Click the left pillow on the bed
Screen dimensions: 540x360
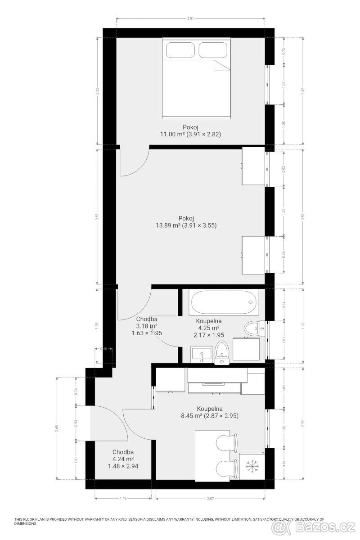click(x=180, y=49)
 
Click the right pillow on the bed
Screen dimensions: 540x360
click(x=212, y=49)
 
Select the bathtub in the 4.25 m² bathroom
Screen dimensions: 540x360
click(x=223, y=302)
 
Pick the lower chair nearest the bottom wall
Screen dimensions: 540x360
click(x=226, y=469)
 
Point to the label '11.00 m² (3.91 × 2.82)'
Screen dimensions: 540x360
click(x=191, y=134)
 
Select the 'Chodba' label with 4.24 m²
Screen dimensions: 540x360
click(x=123, y=452)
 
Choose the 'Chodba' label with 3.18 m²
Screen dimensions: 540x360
click(x=147, y=319)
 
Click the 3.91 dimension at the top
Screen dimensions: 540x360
click(x=190, y=18)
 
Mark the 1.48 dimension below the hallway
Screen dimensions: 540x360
click(x=123, y=498)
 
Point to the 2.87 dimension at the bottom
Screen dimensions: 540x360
click(x=209, y=498)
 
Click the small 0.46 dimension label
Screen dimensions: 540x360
click(x=103, y=349)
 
